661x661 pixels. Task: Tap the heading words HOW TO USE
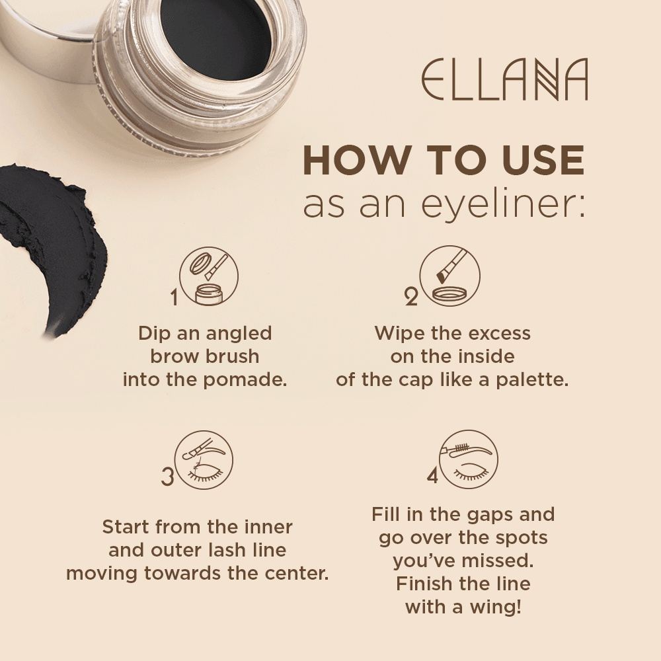(444, 161)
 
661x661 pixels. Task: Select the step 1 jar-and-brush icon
(209, 276)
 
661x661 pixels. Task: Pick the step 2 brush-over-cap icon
(449, 276)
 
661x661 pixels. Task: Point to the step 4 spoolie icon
(469, 460)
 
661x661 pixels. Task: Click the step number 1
(175, 298)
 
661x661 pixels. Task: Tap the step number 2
(411, 298)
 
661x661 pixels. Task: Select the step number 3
(168, 477)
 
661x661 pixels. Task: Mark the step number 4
(432, 476)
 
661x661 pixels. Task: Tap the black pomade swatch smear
(53, 245)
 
